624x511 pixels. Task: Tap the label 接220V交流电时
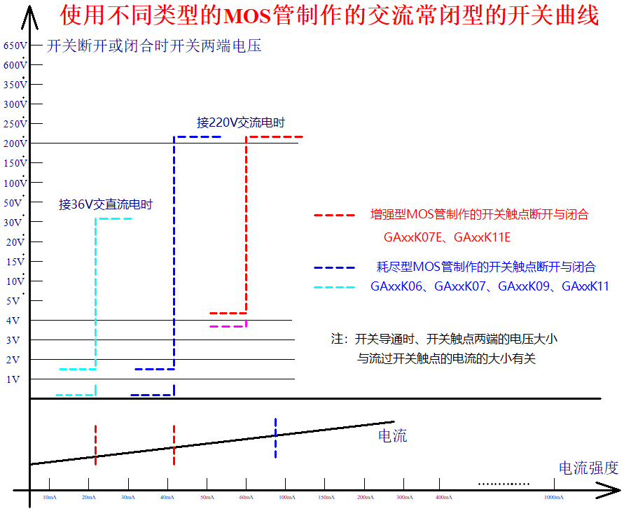pyautogui.click(x=241, y=122)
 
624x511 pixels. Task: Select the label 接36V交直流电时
pyautogui.click(x=105, y=205)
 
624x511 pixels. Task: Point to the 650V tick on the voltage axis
pyautogui.click(x=15, y=46)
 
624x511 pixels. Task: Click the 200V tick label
pyautogui.click(x=15, y=143)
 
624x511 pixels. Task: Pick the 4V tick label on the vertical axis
pyautogui.click(x=13, y=321)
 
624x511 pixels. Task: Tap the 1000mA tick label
pyautogui.click(x=554, y=497)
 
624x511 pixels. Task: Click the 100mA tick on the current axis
pyautogui.click(x=286, y=497)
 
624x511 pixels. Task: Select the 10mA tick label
pyautogui.click(x=50, y=497)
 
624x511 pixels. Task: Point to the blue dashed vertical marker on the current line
pyautogui.click(x=276, y=438)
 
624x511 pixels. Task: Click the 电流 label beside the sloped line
pyautogui.click(x=392, y=437)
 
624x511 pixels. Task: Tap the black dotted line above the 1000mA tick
pyautogui.click(x=504, y=484)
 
